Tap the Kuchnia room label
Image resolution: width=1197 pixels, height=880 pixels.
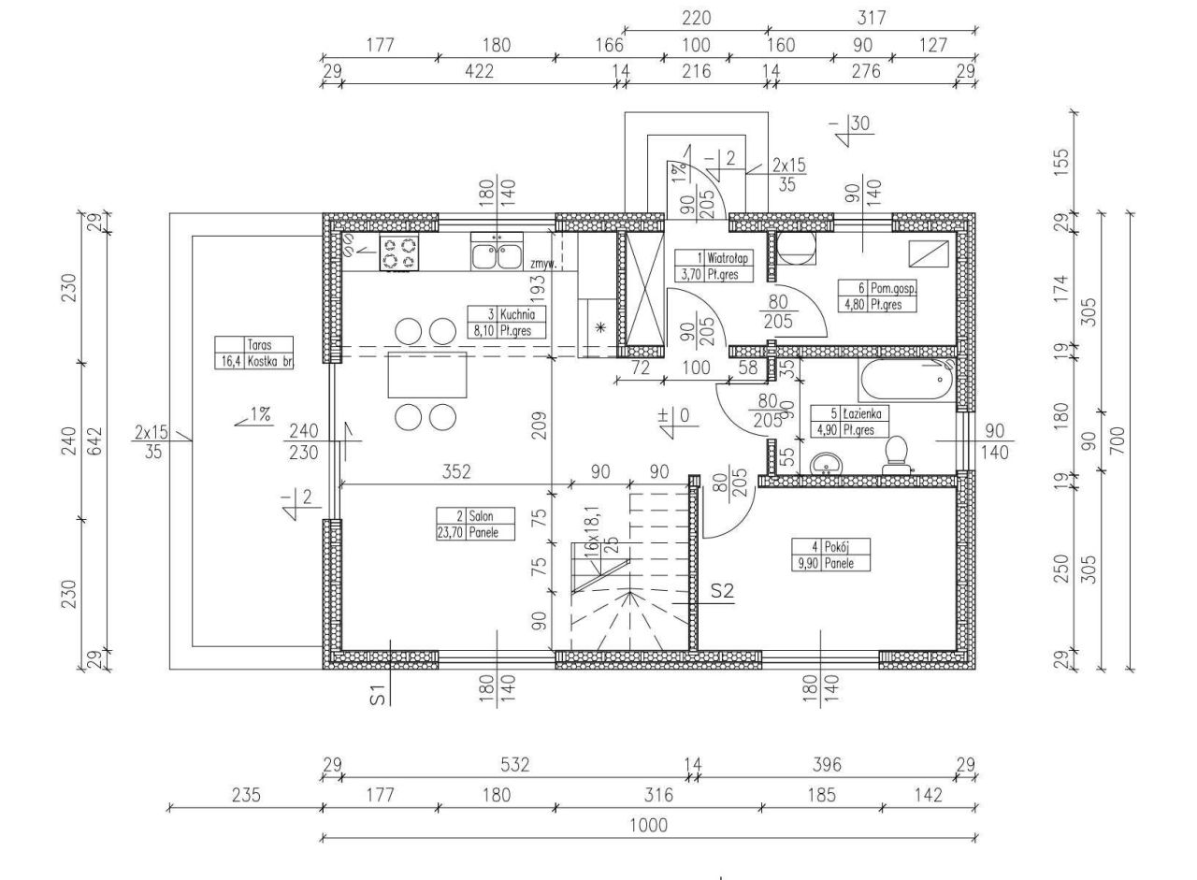point(506,323)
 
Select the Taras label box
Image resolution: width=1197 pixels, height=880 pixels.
point(253,353)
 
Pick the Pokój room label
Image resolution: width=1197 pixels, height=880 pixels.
point(830,555)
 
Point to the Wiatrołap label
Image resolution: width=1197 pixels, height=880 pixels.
point(717,266)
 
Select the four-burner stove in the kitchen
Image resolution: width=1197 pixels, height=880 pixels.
point(398,253)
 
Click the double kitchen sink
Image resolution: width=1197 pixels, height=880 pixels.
point(497,253)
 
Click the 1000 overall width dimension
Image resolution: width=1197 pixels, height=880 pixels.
point(647,825)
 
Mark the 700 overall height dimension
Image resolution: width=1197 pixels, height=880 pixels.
point(1118,438)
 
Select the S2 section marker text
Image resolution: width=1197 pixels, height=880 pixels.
point(722,591)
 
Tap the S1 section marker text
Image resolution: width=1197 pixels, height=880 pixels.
point(377,693)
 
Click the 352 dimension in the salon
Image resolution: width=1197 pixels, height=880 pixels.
point(455,471)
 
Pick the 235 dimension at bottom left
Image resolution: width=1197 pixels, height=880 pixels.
point(245,795)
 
